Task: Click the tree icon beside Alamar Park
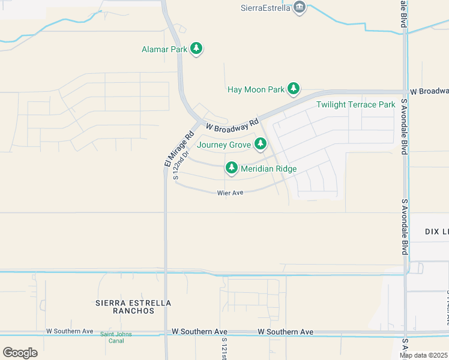coord(196,49)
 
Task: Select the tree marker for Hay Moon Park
coord(293,89)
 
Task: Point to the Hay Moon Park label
coord(256,90)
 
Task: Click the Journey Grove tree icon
coord(260,144)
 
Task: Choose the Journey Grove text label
coord(223,145)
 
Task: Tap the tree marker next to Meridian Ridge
coord(231,167)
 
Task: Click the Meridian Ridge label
coord(268,169)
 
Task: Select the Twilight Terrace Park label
coord(356,105)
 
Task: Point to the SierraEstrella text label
coord(265,8)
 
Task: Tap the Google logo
coord(20,352)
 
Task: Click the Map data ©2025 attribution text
coord(424,355)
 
